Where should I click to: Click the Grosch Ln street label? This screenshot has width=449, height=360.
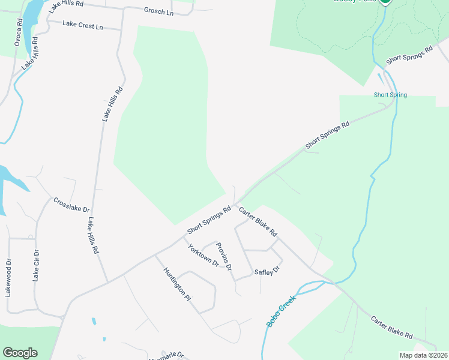click(x=158, y=11)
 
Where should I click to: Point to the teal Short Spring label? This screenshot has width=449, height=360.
click(x=390, y=95)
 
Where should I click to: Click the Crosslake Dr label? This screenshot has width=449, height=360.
click(x=71, y=205)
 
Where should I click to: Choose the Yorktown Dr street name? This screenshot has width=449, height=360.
click(x=202, y=256)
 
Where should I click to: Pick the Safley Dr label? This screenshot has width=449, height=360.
click(x=268, y=271)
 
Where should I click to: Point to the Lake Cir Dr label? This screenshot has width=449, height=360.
click(x=35, y=266)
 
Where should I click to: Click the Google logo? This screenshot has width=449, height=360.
click(x=20, y=353)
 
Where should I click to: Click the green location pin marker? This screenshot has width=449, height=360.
click(x=384, y=1)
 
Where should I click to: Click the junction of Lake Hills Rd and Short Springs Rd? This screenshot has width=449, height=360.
click(x=107, y=282)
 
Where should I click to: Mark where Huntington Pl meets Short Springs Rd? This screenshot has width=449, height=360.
click(x=155, y=255)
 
